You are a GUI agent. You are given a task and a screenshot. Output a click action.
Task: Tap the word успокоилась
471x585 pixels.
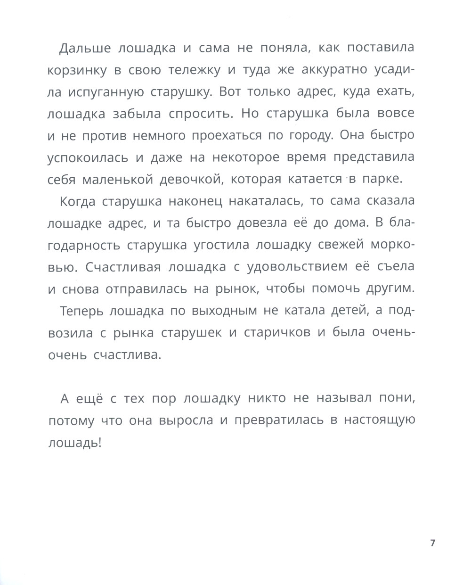[88, 158]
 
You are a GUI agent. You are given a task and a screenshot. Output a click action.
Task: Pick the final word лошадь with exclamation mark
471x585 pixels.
[75, 443]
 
